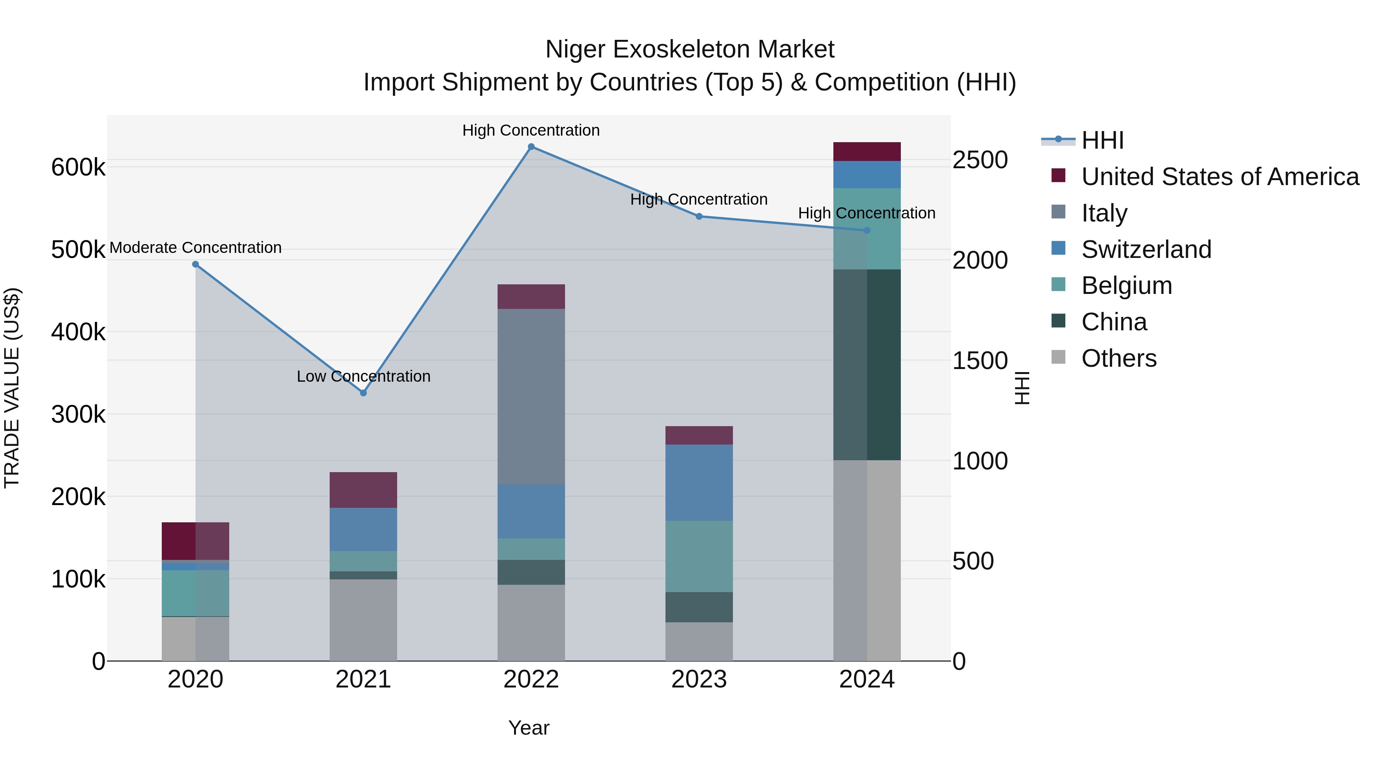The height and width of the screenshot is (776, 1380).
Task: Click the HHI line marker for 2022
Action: [531, 147]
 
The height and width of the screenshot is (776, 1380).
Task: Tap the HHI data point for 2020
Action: [195, 264]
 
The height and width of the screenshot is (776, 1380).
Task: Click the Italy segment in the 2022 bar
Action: [531, 396]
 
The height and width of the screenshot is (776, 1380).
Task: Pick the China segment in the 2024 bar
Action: [867, 364]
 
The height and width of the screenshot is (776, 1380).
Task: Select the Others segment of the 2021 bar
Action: [363, 620]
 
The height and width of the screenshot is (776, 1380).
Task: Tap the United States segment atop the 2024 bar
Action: [867, 151]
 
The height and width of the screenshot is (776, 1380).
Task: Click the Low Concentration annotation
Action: [363, 376]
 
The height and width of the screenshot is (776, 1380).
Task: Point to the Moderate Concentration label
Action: [195, 248]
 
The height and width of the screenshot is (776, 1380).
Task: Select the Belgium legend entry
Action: [1126, 285]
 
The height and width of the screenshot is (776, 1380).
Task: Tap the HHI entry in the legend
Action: [1102, 140]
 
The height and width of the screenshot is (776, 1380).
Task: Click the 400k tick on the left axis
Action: [78, 332]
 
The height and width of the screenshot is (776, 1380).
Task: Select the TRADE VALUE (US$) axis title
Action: [12, 388]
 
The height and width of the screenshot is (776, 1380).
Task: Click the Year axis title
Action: [529, 728]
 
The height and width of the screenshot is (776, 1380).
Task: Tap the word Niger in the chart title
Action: [576, 49]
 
